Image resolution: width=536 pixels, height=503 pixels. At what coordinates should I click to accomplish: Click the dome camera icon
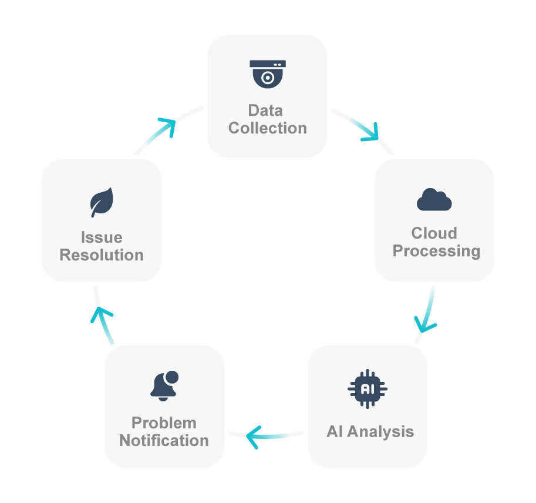pyautogui.click(x=268, y=73)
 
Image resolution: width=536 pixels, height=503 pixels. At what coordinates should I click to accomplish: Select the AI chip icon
pyautogui.click(x=368, y=388)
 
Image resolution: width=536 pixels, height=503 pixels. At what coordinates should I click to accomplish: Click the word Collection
pyautogui.click(x=268, y=128)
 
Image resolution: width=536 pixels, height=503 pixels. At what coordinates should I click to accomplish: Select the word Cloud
pyautogui.click(x=434, y=233)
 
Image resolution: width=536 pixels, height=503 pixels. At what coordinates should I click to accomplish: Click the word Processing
pyautogui.click(x=436, y=251)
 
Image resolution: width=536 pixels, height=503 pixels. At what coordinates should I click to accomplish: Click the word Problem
pyautogui.click(x=164, y=423)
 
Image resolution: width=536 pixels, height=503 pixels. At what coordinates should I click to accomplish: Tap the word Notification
pyautogui.click(x=164, y=441)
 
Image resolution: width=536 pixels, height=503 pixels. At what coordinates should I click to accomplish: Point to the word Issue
pyautogui.click(x=102, y=238)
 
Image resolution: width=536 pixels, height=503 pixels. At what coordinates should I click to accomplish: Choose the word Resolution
pyautogui.click(x=102, y=256)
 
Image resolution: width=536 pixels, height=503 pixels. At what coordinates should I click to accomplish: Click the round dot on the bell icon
pyautogui.click(x=171, y=377)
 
